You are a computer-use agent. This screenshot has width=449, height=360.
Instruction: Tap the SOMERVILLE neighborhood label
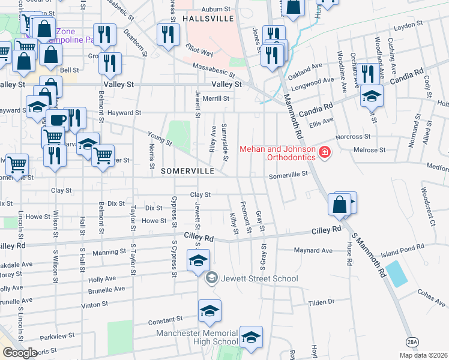[188, 171]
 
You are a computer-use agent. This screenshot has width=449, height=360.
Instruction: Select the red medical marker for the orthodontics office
[325, 153]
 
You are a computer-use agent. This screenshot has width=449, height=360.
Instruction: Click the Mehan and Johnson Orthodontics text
[278, 153]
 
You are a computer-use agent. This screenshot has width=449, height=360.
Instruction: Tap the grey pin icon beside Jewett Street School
[211, 278]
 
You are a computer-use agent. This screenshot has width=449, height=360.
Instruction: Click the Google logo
[19, 353]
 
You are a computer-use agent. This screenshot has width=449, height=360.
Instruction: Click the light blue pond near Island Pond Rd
[396, 274]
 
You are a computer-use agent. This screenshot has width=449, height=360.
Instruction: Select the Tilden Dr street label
[322, 302]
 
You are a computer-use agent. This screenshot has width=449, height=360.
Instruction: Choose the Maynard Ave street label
[313, 250]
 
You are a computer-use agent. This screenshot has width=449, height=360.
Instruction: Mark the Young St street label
[161, 140]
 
